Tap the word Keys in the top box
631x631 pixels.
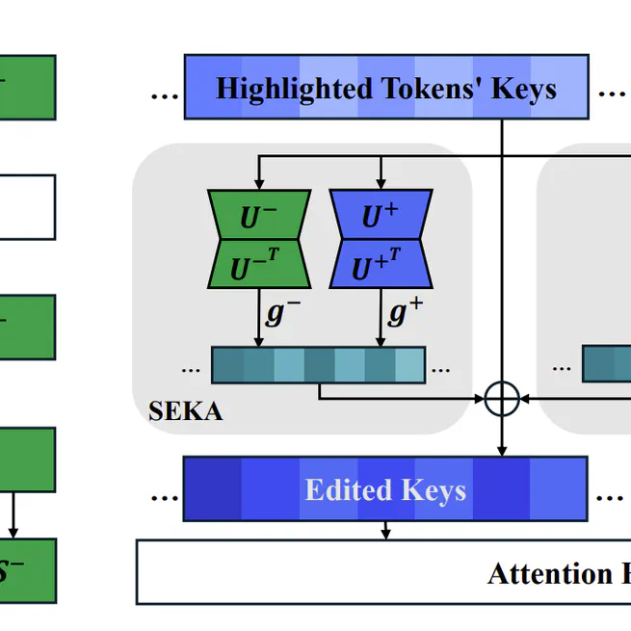[524, 89]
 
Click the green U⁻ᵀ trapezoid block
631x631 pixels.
[258, 265]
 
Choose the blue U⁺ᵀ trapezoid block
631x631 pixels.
[381, 265]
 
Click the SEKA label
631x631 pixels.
[185, 411]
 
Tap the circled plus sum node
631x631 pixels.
[501, 397]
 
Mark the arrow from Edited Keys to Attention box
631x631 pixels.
[385, 530]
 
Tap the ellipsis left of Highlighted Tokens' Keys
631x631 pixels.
[165, 94]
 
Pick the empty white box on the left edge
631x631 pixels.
[27, 206]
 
